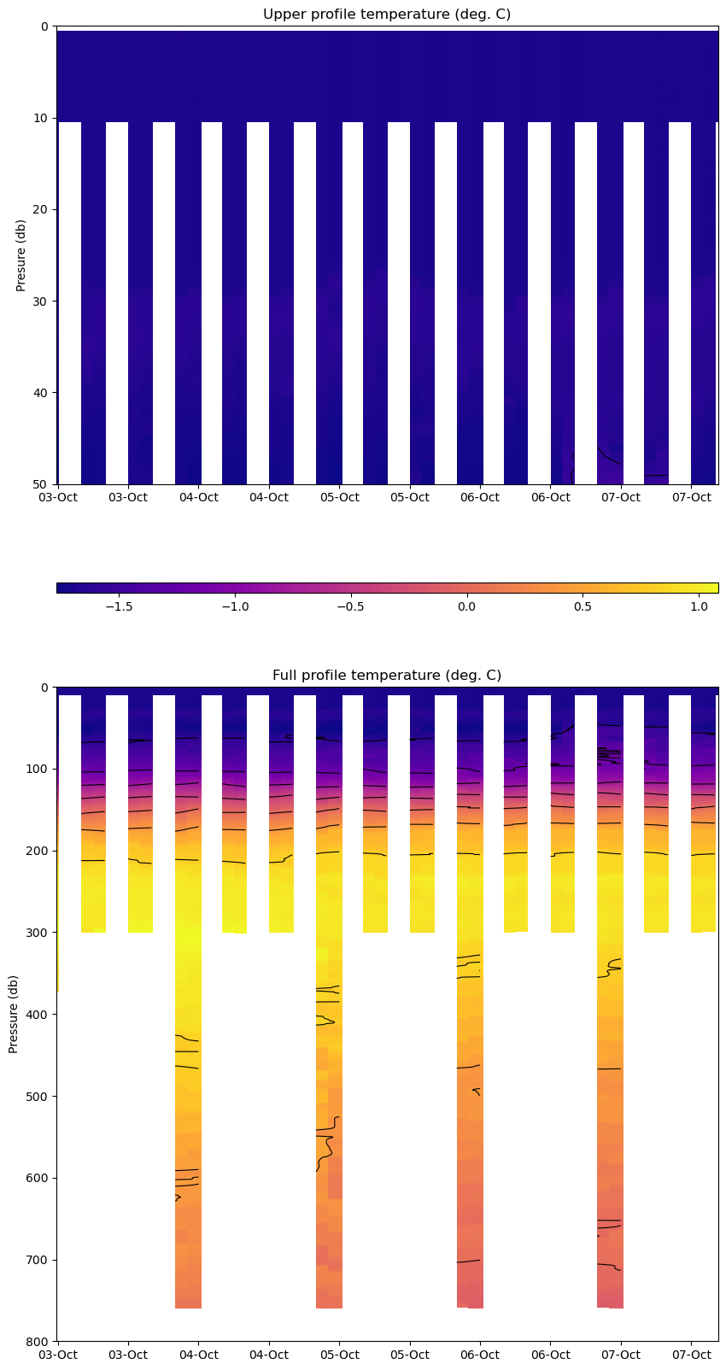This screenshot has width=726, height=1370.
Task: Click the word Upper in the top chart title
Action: click(284, 15)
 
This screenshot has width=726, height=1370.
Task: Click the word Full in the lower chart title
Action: click(285, 676)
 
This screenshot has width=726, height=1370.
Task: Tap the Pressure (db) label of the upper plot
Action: click(21, 255)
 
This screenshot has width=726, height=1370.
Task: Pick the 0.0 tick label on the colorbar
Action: click(466, 606)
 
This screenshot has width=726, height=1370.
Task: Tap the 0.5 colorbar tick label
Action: click(583, 606)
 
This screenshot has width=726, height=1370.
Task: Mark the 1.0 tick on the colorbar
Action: click(699, 606)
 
